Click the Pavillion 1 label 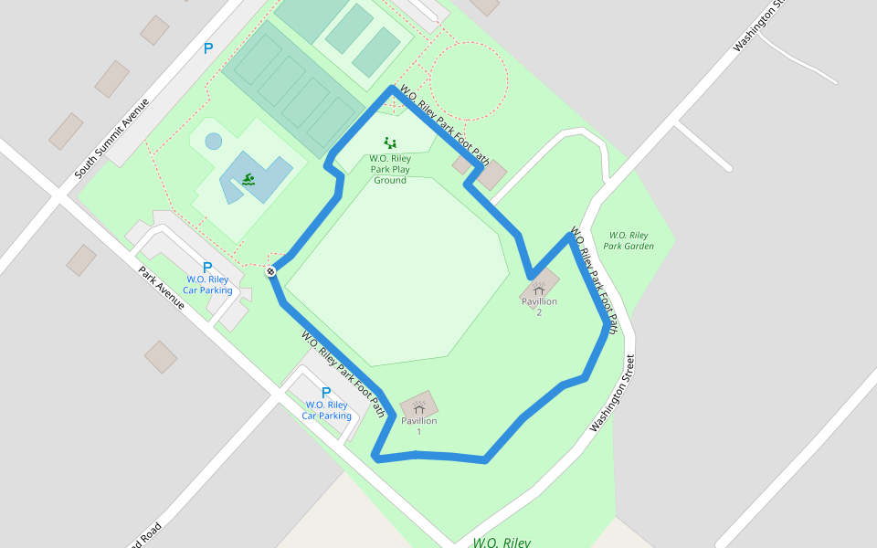click(418, 426)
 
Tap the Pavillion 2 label click(539, 307)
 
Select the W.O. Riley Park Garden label click(629, 241)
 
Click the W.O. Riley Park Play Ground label click(390, 169)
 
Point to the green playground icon click(390, 142)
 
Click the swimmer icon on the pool click(249, 179)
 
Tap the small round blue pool click(213, 142)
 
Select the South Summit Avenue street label click(111, 137)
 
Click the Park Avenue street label click(162, 288)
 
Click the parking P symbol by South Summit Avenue click(207, 48)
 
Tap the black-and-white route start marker click(271, 271)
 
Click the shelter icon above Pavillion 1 click(418, 405)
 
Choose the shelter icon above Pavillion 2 click(539, 289)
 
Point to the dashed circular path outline click(468, 80)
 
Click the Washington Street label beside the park click(612, 393)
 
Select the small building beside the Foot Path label click(491, 174)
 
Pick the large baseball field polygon click(397, 265)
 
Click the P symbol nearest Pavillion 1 click(326, 393)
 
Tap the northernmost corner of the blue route click(393, 89)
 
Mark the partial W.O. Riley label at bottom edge click(501, 542)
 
